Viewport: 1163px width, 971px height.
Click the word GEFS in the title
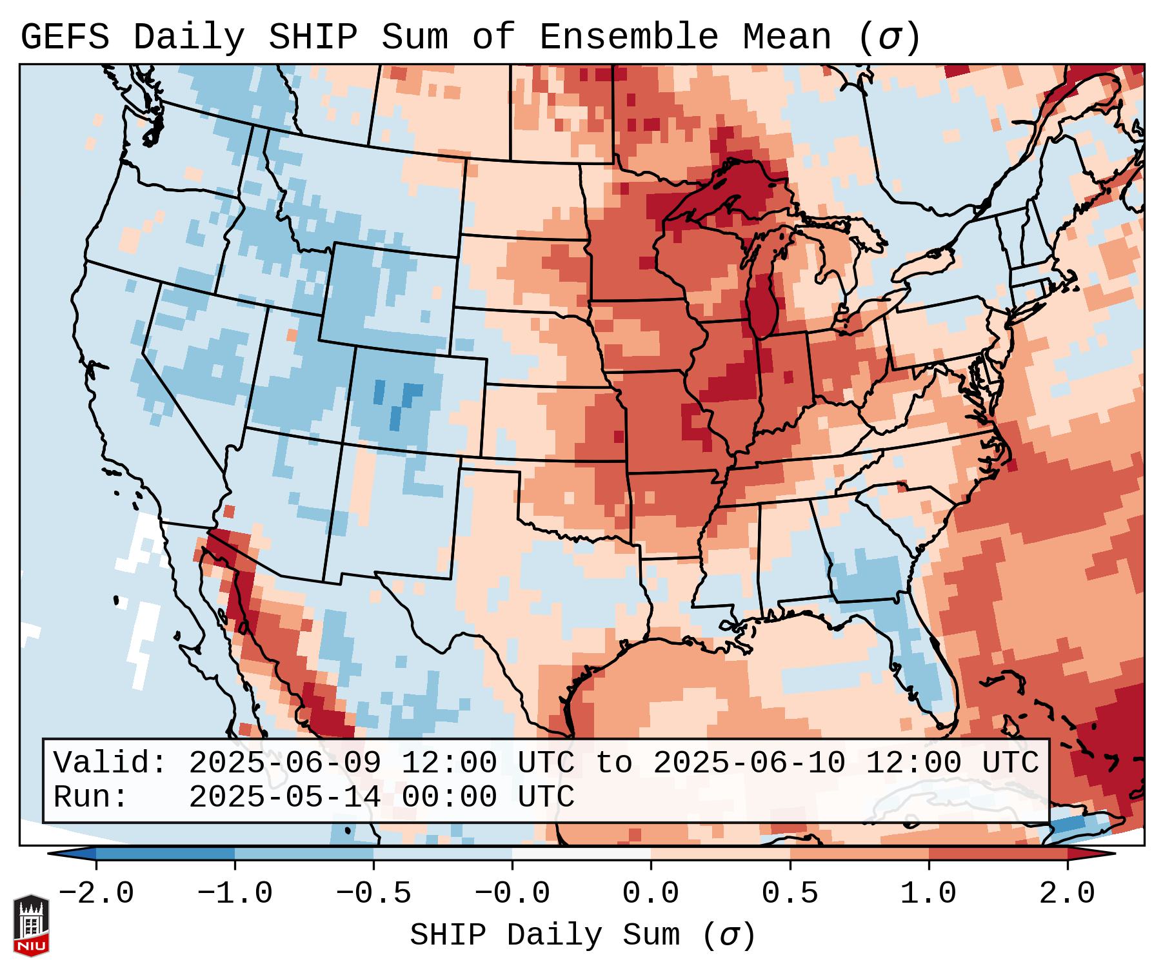tap(65, 37)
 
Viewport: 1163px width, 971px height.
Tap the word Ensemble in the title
tap(628, 37)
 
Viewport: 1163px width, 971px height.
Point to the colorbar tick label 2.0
tap(1068, 894)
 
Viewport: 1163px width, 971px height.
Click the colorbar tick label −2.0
tap(96, 894)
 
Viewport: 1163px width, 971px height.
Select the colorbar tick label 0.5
tap(790, 894)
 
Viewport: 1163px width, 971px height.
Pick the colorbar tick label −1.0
tap(235, 894)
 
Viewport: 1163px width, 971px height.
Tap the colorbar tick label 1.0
tap(928, 894)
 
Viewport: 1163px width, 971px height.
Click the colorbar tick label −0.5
tap(373, 894)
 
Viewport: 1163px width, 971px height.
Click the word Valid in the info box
tap(110, 763)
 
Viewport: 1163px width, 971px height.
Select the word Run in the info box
tap(90, 798)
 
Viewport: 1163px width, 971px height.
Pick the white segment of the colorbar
tap(581, 854)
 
